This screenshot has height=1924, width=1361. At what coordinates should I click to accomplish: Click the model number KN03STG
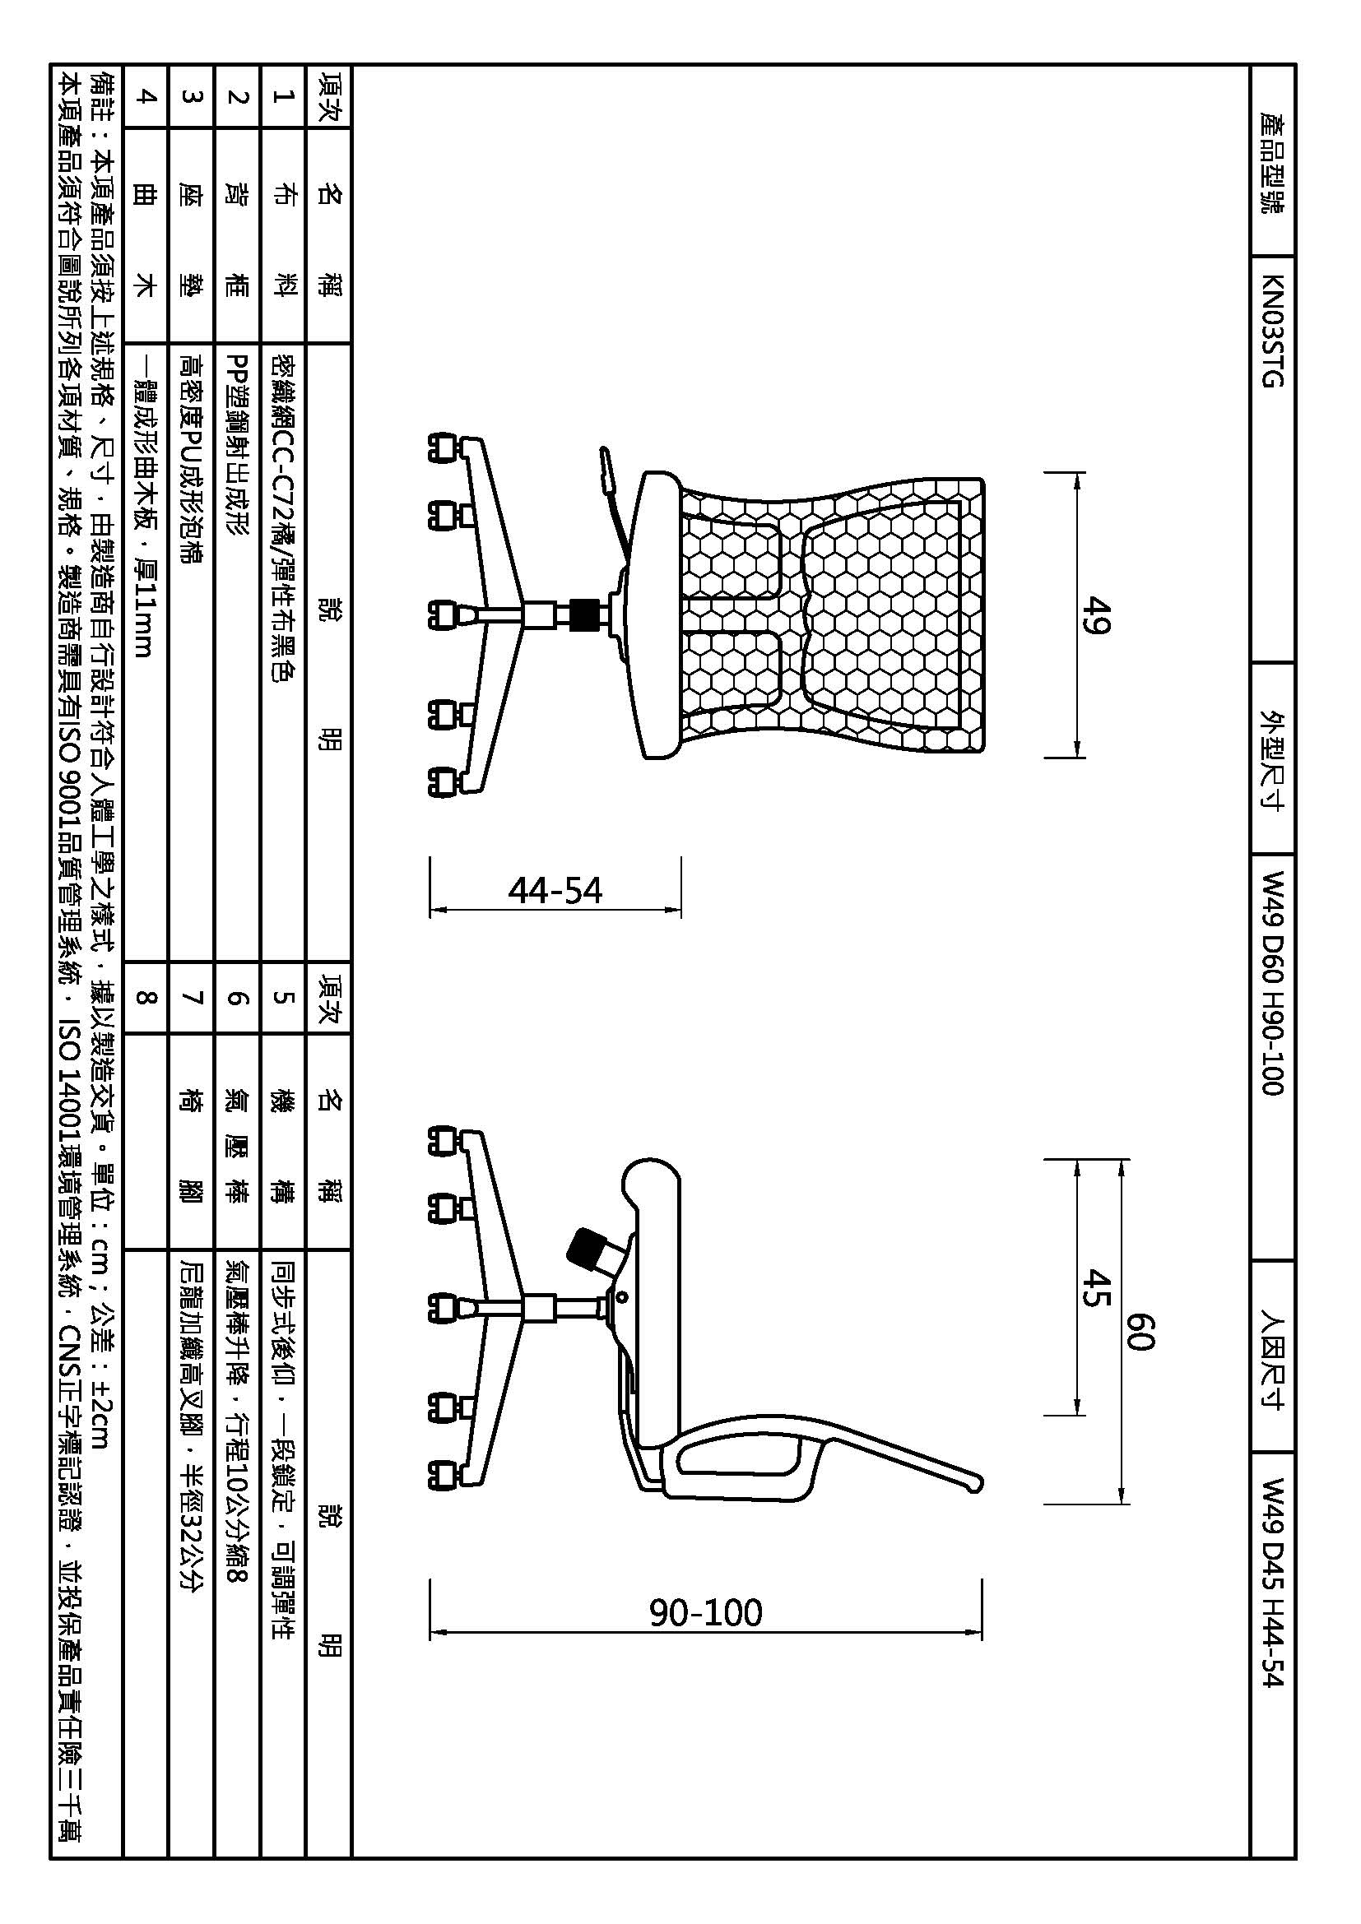tap(1272, 330)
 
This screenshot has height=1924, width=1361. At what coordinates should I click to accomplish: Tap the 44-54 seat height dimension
tap(555, 890)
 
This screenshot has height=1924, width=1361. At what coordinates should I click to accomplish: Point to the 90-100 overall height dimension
tap(706, 1612)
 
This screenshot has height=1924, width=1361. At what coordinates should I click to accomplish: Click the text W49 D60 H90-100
tap(1272, 983)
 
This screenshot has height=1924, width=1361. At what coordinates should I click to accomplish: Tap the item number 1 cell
tap(284, 95)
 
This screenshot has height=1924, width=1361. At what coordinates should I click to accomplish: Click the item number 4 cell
tap(146, 95)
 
